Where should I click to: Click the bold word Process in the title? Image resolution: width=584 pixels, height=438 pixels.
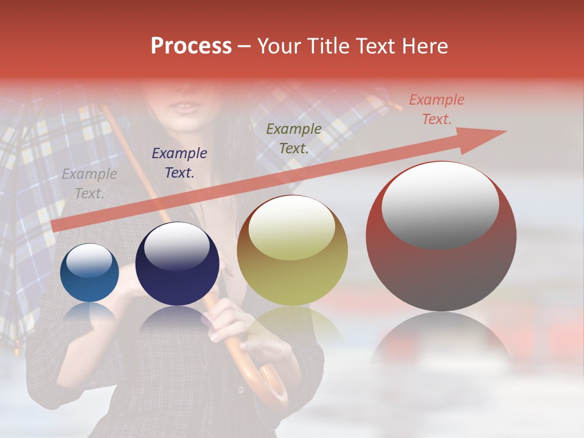pos(191,46)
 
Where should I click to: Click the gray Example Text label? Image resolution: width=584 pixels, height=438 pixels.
pos(89,184)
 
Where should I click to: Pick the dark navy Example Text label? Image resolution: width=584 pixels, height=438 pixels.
pos(179,163)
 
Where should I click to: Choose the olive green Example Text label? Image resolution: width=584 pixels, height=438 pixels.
pos(294,138)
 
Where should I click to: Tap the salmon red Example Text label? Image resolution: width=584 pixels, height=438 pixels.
pos(436,109)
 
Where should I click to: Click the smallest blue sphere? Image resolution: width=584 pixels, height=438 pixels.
pos(90,273)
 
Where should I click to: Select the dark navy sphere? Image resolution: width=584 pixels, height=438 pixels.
pos(177,264)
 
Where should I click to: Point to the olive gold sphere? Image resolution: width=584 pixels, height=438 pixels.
pos(292,250)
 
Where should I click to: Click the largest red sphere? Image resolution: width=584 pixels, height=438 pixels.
pos(441,236)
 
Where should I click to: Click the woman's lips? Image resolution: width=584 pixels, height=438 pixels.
pos(184,107)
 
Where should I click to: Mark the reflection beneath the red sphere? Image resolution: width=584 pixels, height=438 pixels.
pos(441,347)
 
